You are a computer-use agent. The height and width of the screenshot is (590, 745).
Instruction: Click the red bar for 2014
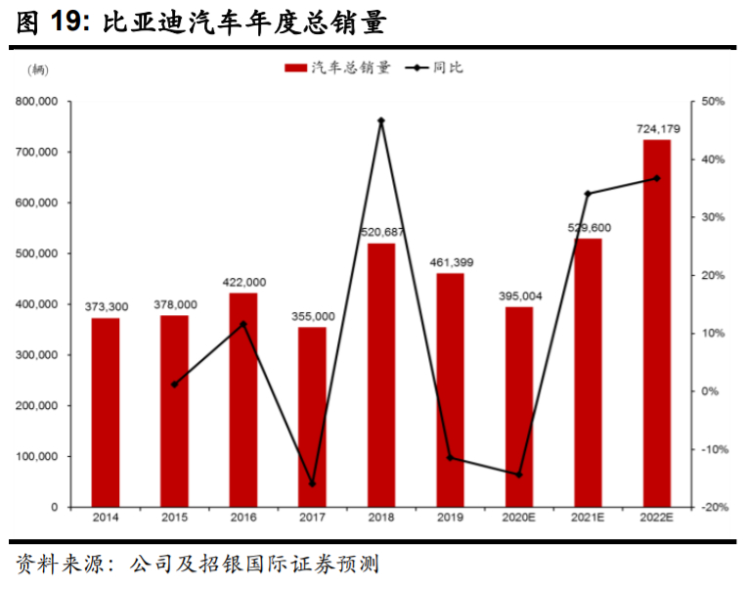pyautogui.click(x=106, y=412)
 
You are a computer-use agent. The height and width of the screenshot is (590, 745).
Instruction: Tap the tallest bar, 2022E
pyautogui.click(x=657, y=323)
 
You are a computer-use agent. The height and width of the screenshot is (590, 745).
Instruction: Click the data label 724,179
pyautogui.click(x=657, y=129)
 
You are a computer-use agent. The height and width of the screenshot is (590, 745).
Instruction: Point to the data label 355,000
pyautogui.click(x=312, y=316)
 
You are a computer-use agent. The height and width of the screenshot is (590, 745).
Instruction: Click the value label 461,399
pyautogui.click(x=450, y=262)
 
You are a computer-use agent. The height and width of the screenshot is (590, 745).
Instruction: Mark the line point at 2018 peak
pyautogui.click(x=381, y=120)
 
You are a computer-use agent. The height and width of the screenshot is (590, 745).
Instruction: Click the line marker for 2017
pyautogui.click(x=312, y=483)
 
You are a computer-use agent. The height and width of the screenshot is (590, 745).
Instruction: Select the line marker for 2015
pyautogui.click(x=174, y=385)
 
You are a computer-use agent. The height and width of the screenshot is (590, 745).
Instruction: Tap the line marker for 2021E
pyautogui.click(x=588, y=194)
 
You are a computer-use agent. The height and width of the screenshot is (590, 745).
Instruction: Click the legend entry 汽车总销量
pyautogui.click(x=337, y=68)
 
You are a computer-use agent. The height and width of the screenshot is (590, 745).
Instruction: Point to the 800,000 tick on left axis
pyautogui.click(x=36, y=102)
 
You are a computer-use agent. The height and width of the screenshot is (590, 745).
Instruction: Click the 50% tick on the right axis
pyautogui.click(x=712, y=102)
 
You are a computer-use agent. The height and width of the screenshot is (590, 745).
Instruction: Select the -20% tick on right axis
pyautogui.click(x=712, y=508)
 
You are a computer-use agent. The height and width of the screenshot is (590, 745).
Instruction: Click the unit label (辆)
pyautogui.click(x=36, y=68)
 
